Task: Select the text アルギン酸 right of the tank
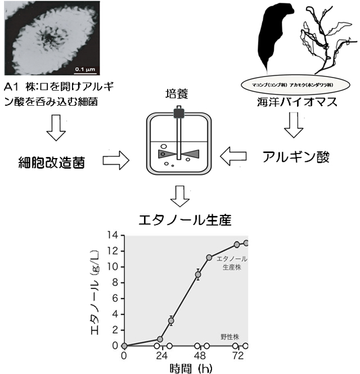pyautogui.click(x=295, y=157)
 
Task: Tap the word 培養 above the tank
pyautogui.click(x=178, y=93)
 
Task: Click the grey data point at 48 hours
pyautogui.click(x=198, y=275)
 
